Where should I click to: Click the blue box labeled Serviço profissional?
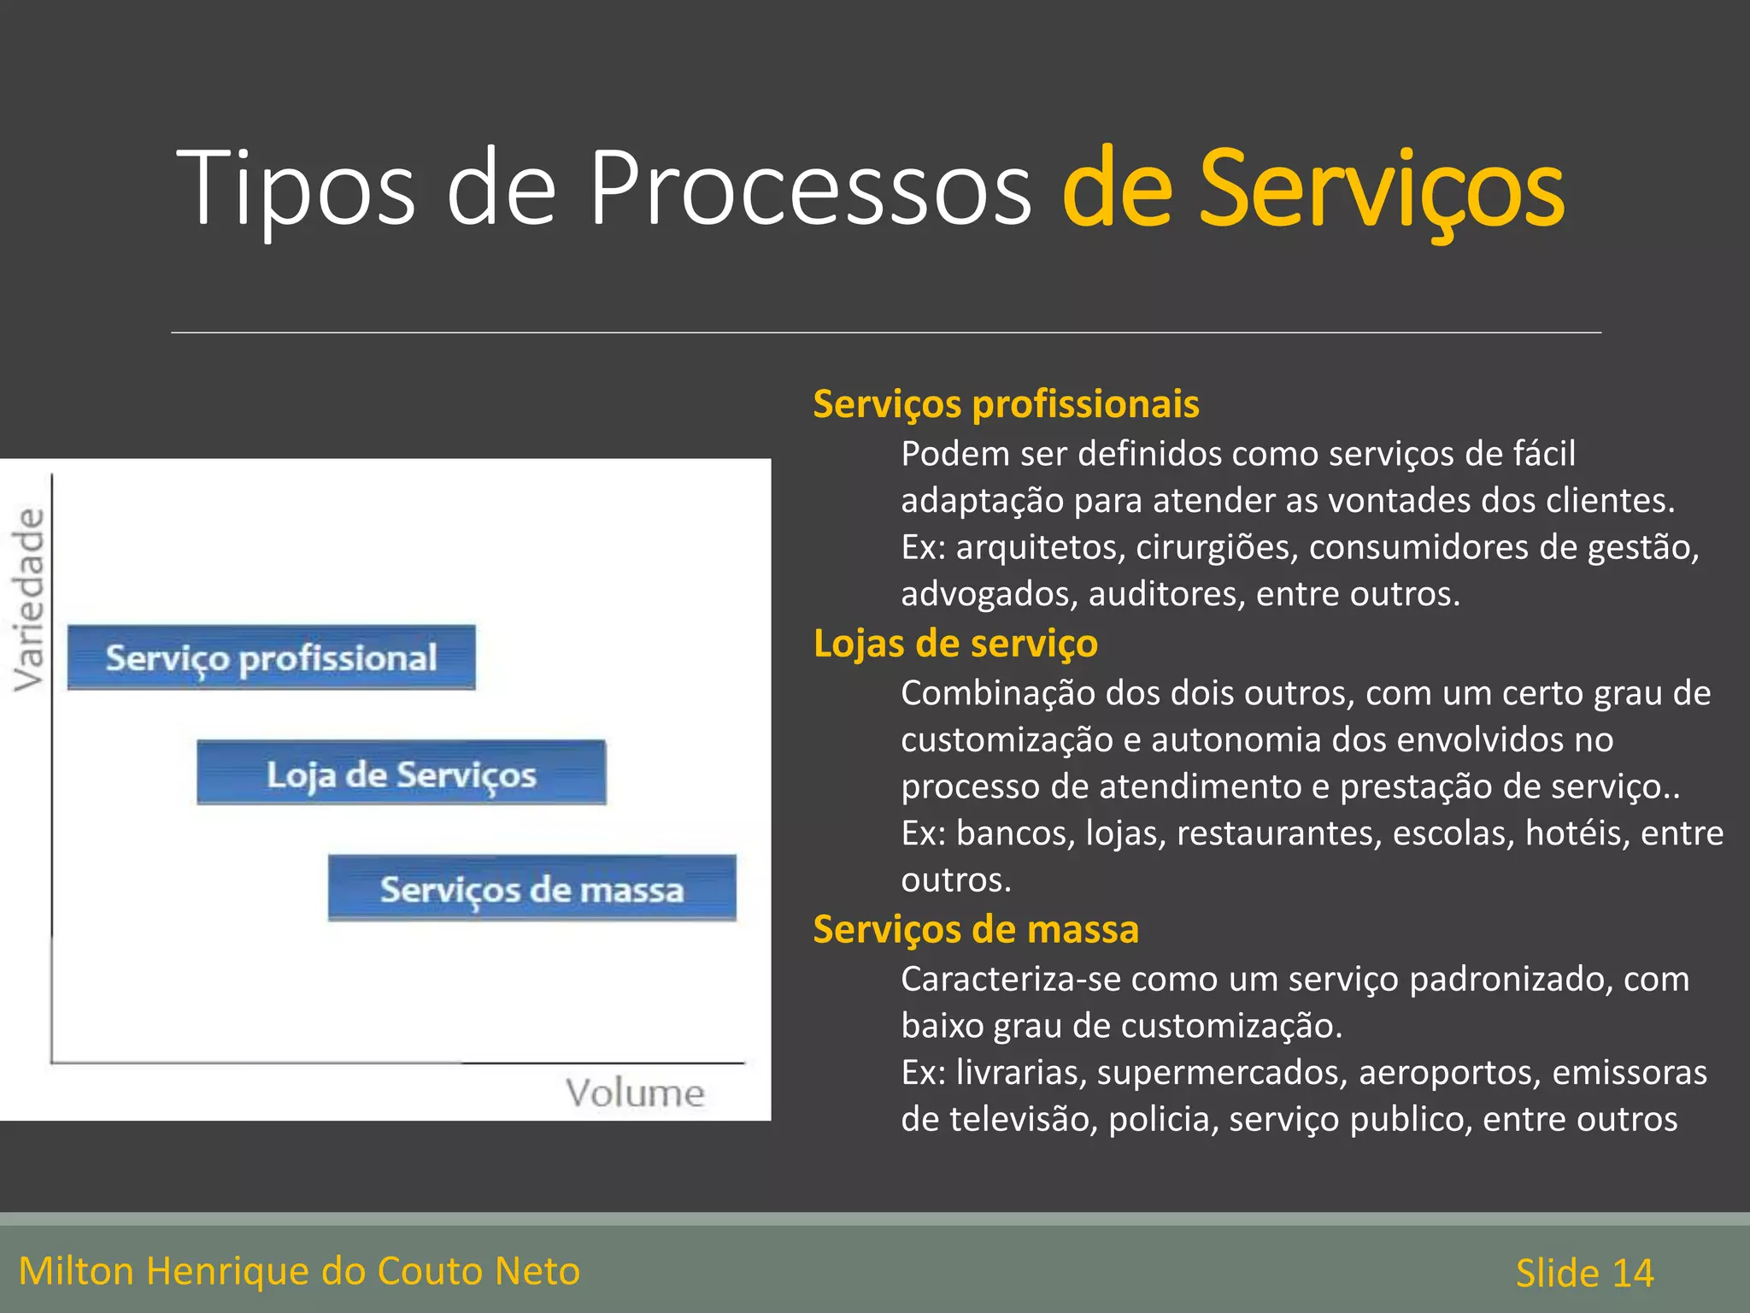271,657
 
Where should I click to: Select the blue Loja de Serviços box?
401,773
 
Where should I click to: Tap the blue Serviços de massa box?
531,888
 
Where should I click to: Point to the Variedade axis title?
29,599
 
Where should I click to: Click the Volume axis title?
635,1093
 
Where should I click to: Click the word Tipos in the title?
295,188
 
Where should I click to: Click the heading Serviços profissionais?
1006,404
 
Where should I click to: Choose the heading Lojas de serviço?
955,644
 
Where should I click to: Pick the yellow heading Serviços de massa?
976,930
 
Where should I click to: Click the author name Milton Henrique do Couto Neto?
299,1271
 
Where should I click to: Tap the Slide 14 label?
1584,1273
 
